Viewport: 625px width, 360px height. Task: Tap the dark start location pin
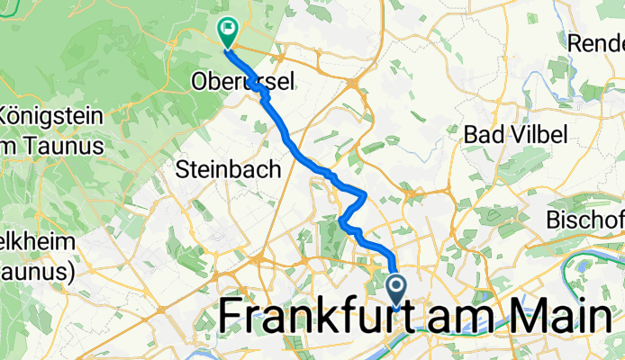click(x=396, y=290)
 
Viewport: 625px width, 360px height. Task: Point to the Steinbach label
click(x=229, y=168)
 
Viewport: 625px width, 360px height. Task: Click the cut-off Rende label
click(x=597, y=41)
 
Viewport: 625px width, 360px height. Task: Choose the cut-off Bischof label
click(x=586, y=220)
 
